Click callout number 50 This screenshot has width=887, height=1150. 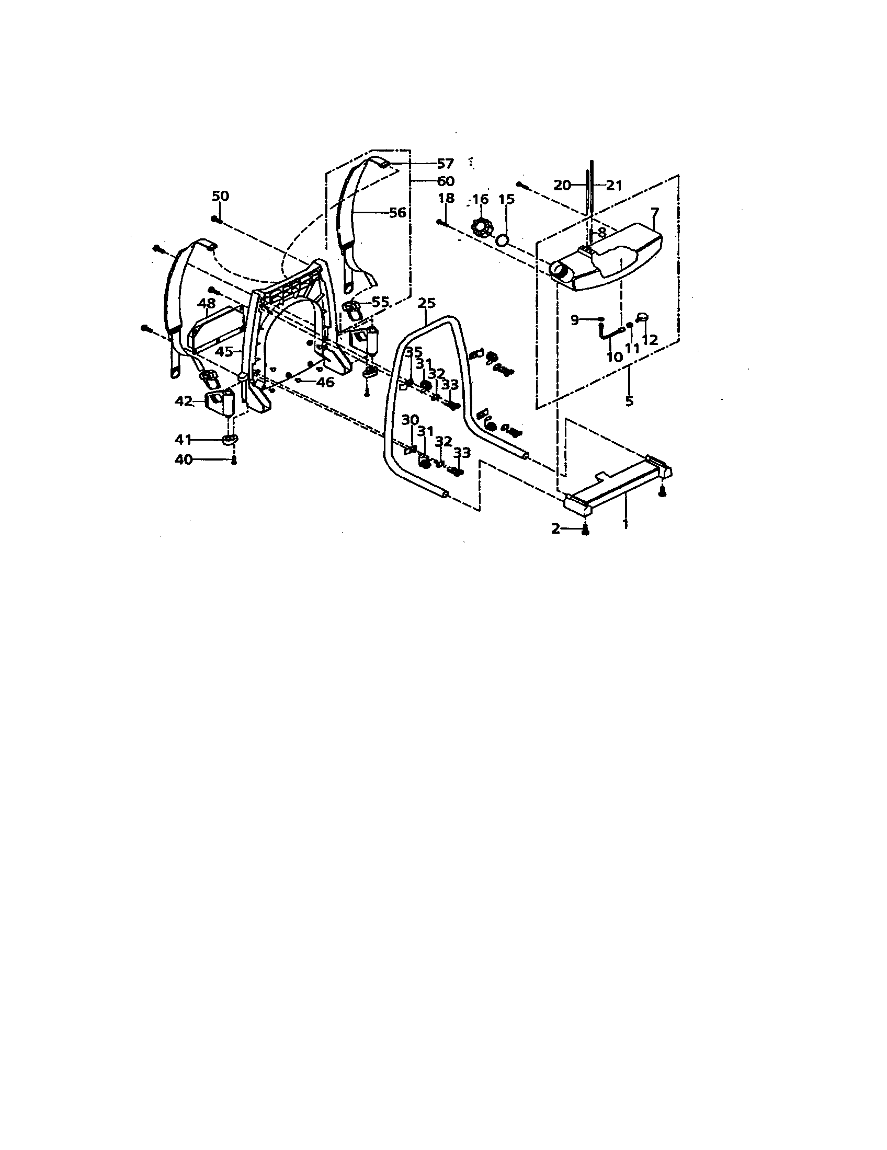[x=220, y=196]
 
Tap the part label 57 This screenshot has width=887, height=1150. [x=445, y=164]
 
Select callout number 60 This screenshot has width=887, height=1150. [x=445, y=181]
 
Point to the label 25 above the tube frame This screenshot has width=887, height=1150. [x=426, y=303]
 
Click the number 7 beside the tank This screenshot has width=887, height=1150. [x=655, y=213]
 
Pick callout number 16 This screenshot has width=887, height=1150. [x=480, y=199]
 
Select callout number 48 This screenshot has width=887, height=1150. [x=207, y=303]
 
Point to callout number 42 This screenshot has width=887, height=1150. [x=184, y=401]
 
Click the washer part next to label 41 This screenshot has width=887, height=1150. [x=230, y=439]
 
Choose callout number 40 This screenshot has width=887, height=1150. [x=183, y=459]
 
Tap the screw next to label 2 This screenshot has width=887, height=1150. [x=585, y=532]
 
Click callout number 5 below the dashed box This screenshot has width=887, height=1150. [x=629, y=401]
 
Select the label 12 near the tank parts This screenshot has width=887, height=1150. [x=650, y=340]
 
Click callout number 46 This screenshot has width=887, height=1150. [x=325, y=382]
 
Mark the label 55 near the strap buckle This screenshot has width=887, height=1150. [x=380, y=302]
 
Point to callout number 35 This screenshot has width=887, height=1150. [x=414, y=351]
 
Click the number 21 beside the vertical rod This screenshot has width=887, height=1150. [x=613, y=186]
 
